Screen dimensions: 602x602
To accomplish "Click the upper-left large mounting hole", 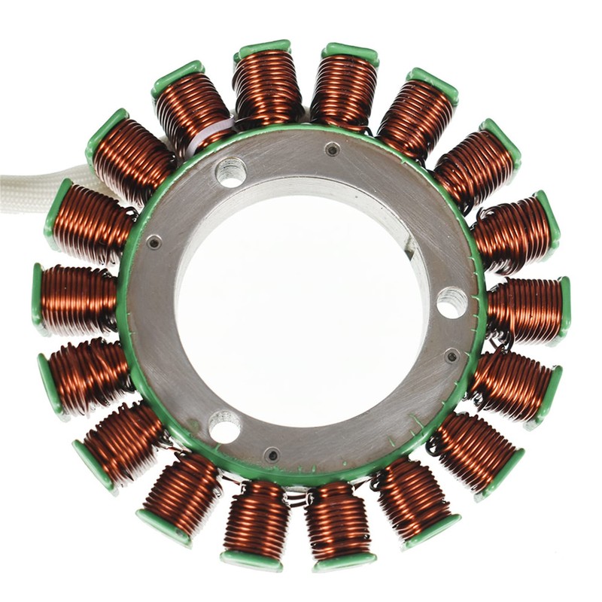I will (231, 172).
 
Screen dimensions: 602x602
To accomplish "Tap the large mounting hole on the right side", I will (451, 302).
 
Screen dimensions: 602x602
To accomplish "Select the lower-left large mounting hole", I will (224, 427).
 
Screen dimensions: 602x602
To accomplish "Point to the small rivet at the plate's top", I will (332, 149).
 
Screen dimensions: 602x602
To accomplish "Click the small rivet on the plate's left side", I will (154, 242).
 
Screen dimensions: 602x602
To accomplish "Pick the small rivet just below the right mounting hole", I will (451, 355).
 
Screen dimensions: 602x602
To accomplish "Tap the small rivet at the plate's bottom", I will (272, 455).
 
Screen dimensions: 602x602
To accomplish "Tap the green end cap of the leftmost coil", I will (37, 299).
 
